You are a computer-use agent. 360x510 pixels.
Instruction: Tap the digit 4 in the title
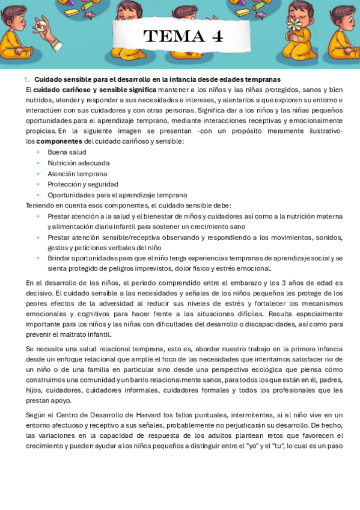click(x=217, y=37)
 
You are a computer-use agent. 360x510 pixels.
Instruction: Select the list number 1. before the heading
click(x=26, y=79)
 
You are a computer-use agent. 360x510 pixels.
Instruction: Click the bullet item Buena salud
click(x=67, y=152)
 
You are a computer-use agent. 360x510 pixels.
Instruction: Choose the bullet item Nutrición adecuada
click(x=78, y=163)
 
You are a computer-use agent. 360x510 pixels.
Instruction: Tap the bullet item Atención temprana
click(x=77, y=174)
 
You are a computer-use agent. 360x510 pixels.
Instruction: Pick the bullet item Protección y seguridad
click(x=83, y=184)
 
